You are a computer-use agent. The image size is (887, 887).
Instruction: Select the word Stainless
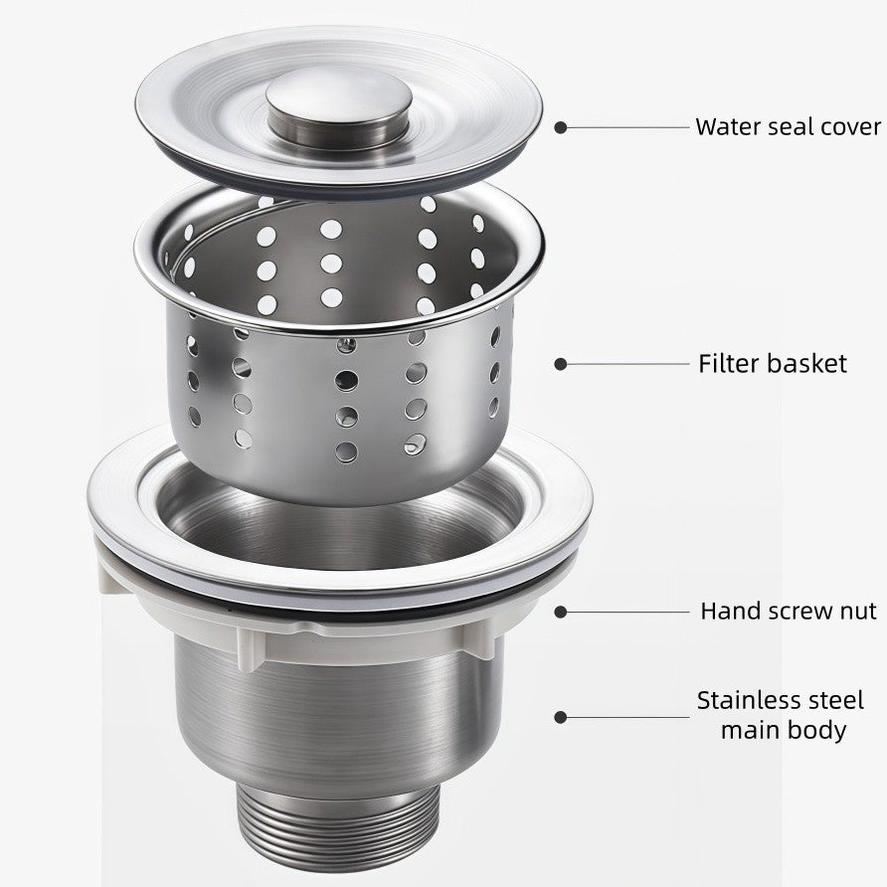[747, 700]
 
